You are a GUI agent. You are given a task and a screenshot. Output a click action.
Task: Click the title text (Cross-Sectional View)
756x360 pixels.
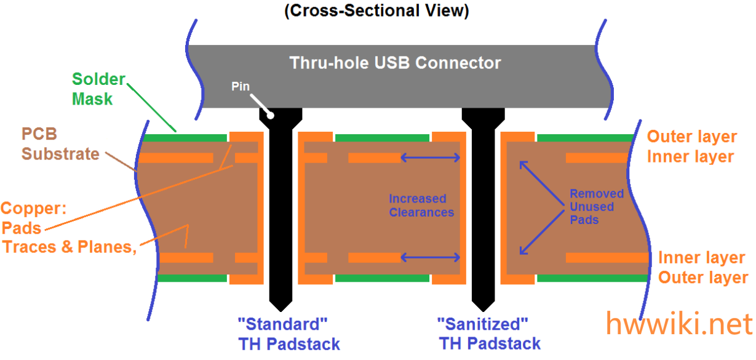[x=376, y=12]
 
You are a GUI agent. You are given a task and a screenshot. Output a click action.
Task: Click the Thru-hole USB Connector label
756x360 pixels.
[x=395, y=63]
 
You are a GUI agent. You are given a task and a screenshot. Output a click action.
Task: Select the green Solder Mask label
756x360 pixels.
[x=98, y=89]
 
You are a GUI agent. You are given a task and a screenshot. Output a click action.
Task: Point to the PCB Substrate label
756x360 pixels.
[x=60, y=143]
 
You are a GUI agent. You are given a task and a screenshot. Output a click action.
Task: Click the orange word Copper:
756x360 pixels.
[x=33, y=208]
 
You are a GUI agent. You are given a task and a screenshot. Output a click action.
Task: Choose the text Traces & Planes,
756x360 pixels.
[x=69, y=247]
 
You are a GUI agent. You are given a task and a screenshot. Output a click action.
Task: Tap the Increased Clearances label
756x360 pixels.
[x=421, y=206]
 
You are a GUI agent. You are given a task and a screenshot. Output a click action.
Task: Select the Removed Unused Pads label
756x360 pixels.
[x=596, y=206]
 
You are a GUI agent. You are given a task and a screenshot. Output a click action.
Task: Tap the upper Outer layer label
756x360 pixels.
[x=691, y=137]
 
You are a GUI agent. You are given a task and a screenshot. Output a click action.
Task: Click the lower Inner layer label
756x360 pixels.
[x=702, y=257]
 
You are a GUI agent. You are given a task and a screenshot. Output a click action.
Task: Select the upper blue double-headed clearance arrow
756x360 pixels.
[x=431, y=158]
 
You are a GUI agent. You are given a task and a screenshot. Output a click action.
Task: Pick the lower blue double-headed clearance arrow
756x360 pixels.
[x=431, y=257]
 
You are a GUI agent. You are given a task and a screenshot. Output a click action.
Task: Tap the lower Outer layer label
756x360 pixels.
[x=703, y=277]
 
